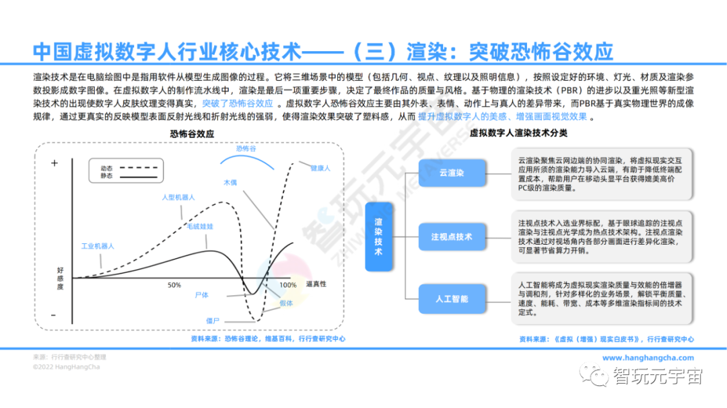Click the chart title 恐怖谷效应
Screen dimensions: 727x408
[x=192, y=134]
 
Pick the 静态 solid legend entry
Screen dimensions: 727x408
[x=107, y=175]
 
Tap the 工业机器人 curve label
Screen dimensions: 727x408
[x=98, y=246]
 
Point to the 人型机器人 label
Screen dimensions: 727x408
[x=178, y=197]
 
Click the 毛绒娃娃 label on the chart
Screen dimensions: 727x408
[x=200, y=227]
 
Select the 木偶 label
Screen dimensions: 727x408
[x=230, y=182]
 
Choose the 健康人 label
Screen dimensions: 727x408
[x=320, y=167]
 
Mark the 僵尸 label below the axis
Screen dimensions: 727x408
[x=213, y=321]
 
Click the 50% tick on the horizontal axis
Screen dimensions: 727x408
[x=174, y=285]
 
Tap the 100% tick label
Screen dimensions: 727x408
[x=288, y=285]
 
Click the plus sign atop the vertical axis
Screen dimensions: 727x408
[x=55, y=163]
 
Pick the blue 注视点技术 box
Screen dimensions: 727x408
[x=452, y=237]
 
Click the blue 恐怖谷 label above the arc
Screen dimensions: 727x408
[x=246, y=149]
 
